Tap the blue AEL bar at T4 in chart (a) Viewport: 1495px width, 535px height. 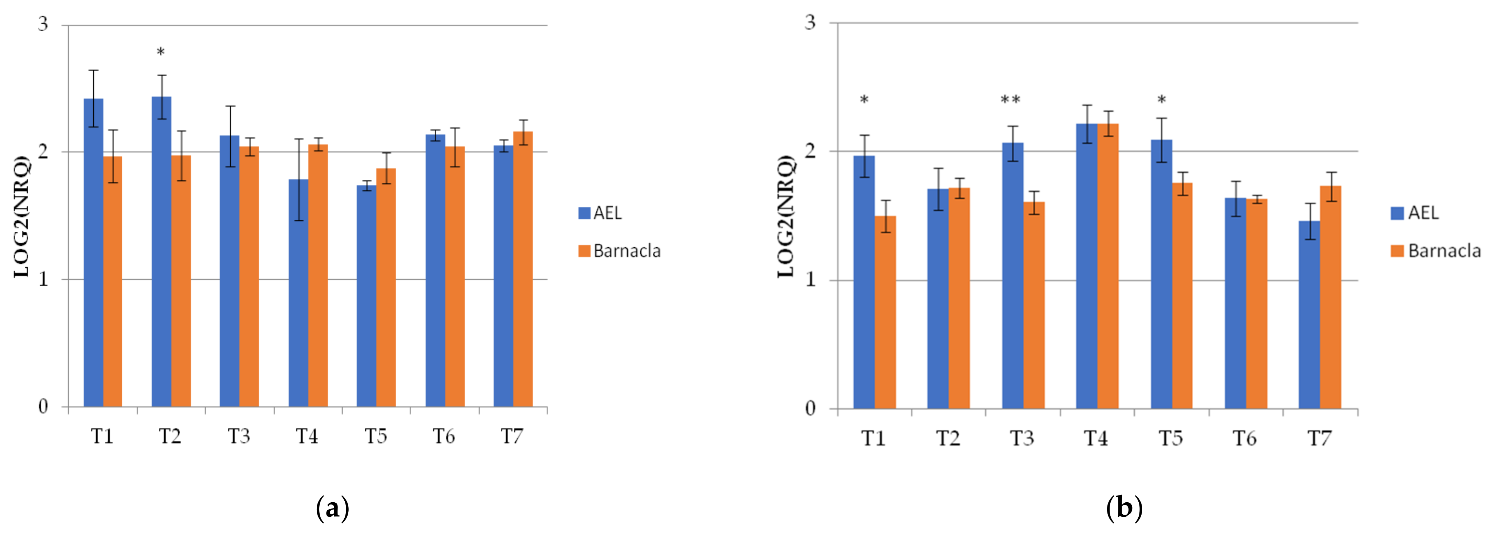pos(298,293)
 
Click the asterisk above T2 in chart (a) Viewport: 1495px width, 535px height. pos(161,53)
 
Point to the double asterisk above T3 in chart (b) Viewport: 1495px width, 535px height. pos(1010,100)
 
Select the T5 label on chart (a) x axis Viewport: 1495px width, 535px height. pos(376,436)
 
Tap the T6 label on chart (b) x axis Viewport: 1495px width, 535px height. pos(1245,438)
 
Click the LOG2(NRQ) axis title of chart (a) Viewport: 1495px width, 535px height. pos(22,216)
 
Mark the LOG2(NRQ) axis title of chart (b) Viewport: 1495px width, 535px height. pos(785,216)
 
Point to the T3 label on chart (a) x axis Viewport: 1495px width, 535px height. pos(239,436)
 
